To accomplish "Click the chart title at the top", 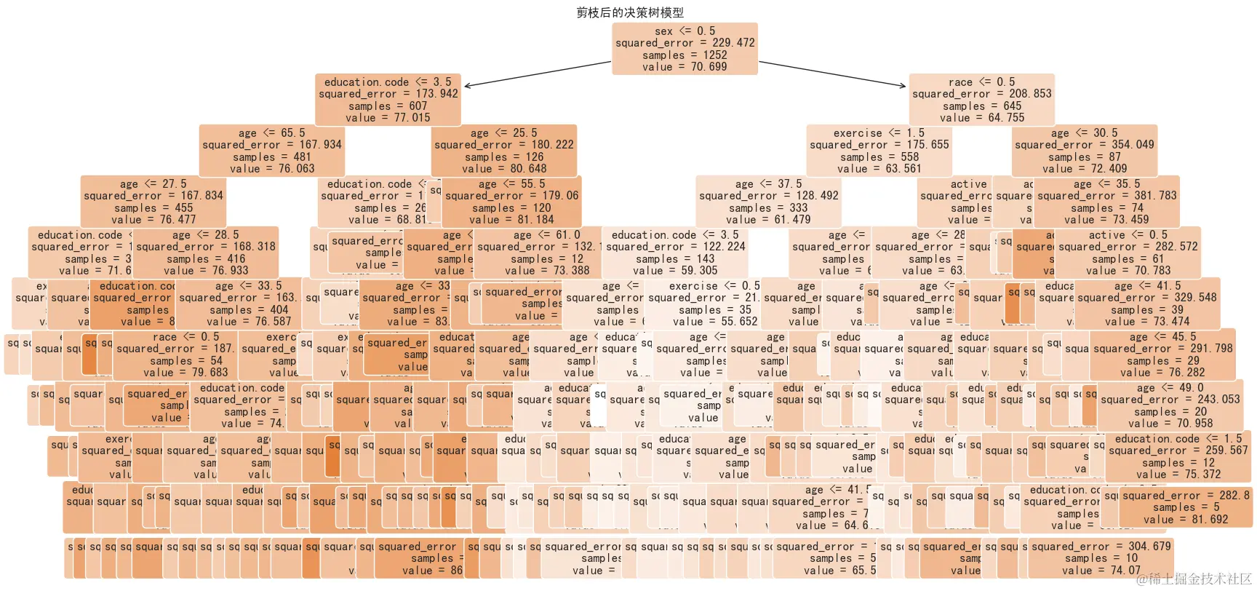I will point(630,12).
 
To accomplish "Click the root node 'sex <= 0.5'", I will point(685,49).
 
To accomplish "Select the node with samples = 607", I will point(388,100).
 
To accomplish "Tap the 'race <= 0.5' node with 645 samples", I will point(981,100).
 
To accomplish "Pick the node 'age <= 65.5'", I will point(271,151).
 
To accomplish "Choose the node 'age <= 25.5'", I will point(503,151).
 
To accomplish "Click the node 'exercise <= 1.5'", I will point(879,151).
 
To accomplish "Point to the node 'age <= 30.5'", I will point(1084,151).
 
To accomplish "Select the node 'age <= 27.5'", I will point(153,202).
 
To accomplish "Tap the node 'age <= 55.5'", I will point(511,202).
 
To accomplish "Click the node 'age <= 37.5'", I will point(768,202).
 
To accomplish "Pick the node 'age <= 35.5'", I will point(1106,202).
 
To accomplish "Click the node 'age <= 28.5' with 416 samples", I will point(205,253).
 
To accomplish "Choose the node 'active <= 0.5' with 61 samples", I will point(1128,253).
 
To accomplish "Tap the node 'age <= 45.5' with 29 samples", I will point(1162,354).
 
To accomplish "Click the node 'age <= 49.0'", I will point(1170,405).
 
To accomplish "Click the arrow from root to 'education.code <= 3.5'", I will point(538,74).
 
